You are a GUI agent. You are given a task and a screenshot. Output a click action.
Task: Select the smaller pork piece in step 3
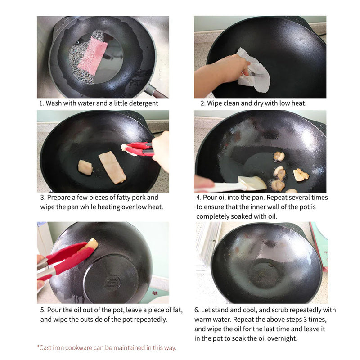85,167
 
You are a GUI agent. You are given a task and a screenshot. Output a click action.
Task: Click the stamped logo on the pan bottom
112,283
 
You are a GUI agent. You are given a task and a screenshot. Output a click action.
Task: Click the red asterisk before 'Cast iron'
38,347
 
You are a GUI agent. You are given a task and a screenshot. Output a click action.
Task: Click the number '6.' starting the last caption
197,310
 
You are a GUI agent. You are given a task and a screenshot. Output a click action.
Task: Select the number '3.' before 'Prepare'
42,198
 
